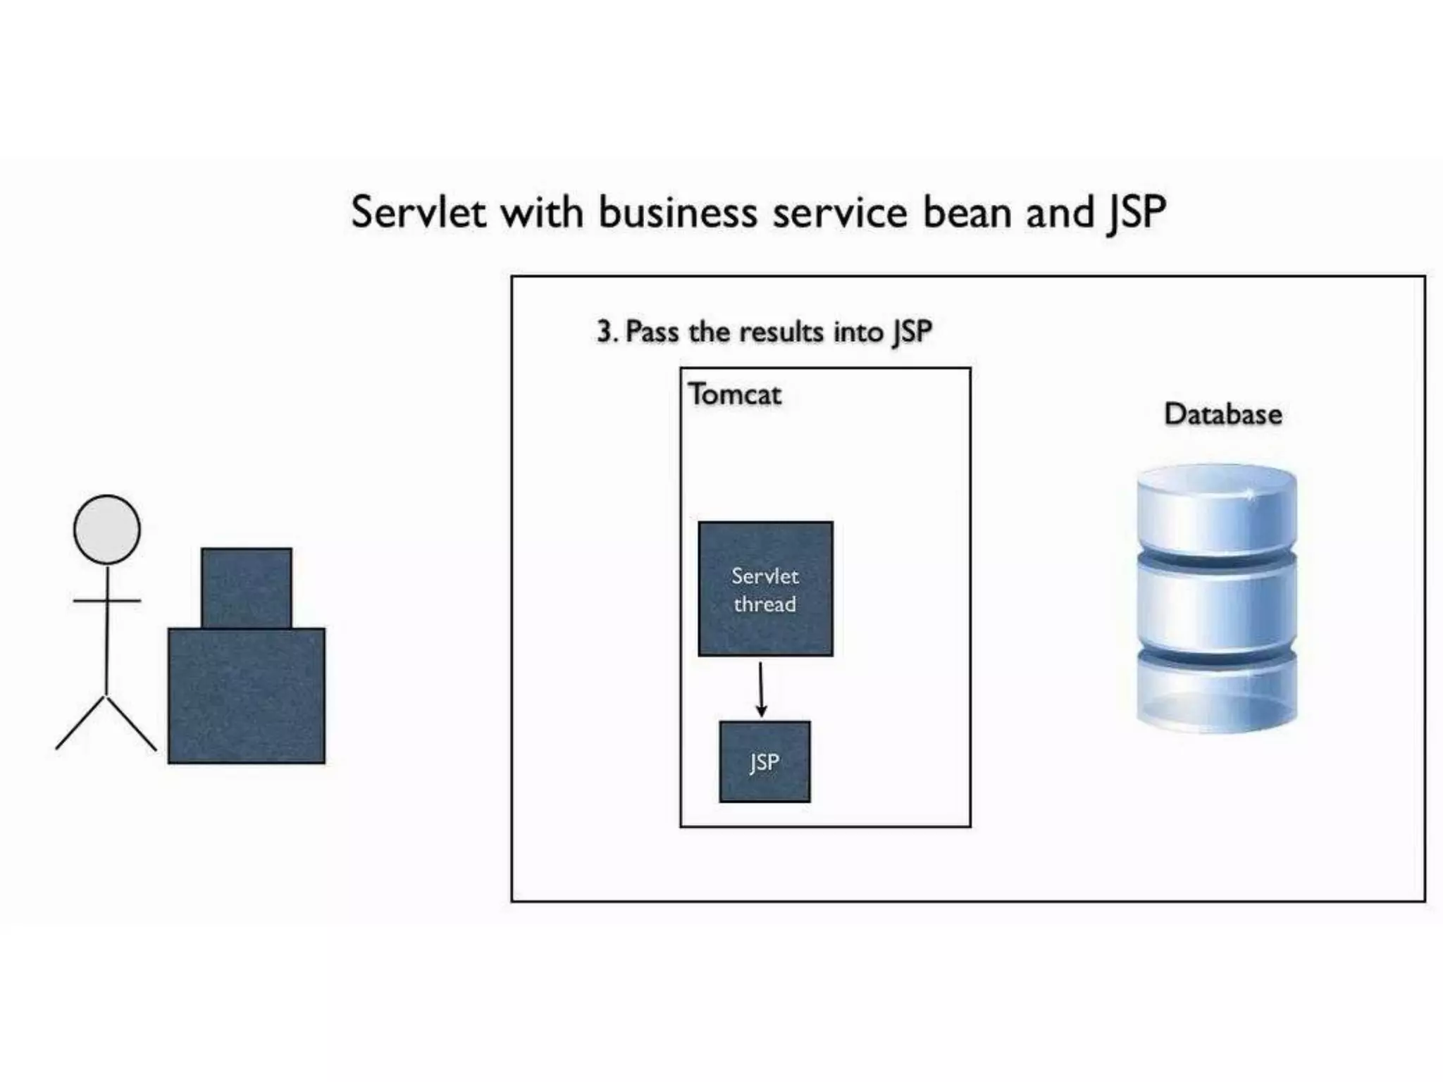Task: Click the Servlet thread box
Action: [765, 589]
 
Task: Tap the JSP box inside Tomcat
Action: [764, 761]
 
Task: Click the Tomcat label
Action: [735, 394]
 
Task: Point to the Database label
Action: [1222, 414]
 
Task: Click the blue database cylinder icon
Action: [1217, 599]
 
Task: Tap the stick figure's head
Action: [107, 529]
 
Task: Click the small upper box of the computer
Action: [247, 587]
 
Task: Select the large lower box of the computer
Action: [247, 696]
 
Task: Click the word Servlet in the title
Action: [419, 212]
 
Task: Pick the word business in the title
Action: [678, 212]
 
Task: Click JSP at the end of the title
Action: [1136, 213]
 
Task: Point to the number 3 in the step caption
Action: [605, 332]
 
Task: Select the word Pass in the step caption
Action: [652, 332]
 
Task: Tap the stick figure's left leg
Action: [81, 723]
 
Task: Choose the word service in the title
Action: [840, 212]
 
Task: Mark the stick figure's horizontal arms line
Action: [107, 601]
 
